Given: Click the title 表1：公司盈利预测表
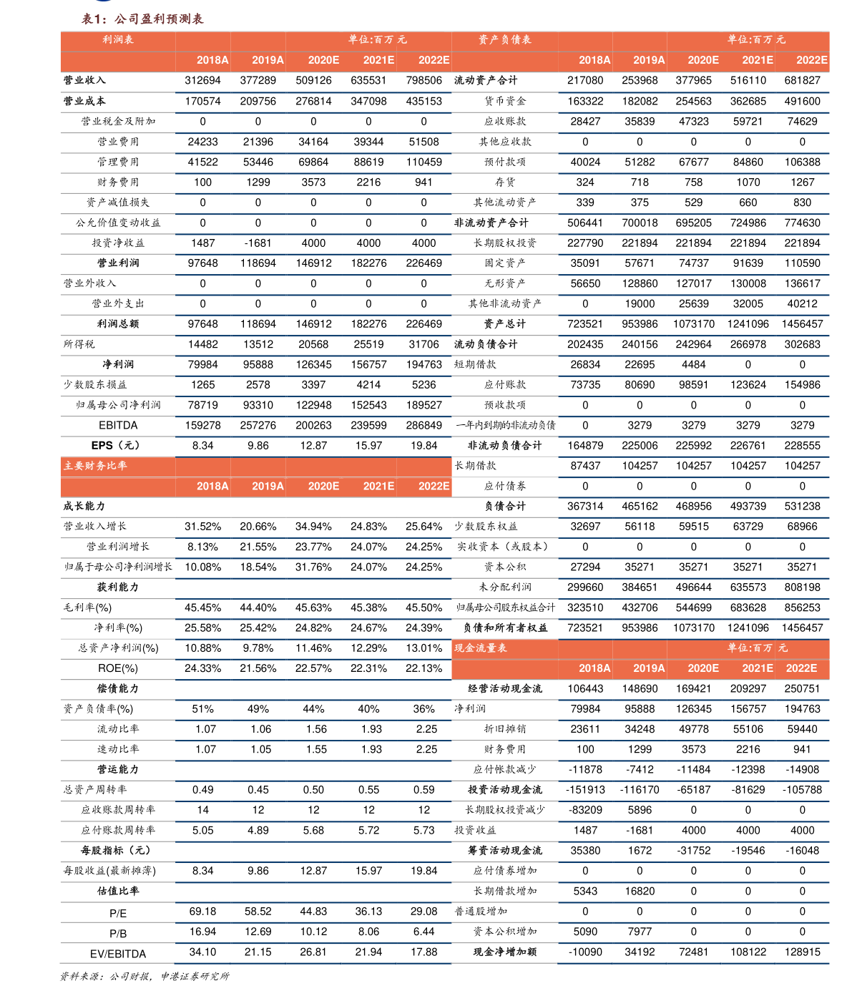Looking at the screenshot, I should [x=142, y=19].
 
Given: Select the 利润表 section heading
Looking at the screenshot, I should [x=118, y=39].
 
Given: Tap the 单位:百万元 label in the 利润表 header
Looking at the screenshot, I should [x=377, y=39].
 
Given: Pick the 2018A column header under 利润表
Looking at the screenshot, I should [x=212, y=60].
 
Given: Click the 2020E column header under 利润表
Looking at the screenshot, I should [x=323, y=60].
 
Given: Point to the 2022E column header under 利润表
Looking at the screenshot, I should [x=434, y=60].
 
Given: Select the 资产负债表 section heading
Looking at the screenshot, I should [x=504, y=39].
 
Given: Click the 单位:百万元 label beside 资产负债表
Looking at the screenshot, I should [x=756, y=39].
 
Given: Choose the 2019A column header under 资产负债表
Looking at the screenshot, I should [x=649, y=60].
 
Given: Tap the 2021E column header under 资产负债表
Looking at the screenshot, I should [x=758, y=60].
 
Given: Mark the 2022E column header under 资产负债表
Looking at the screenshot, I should [x=812, y=60].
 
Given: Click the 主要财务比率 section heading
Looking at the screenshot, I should [x=95, y=466].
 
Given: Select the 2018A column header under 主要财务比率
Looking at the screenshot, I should [x=212, y=487].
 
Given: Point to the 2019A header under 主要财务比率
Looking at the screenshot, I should [x=268, y=487].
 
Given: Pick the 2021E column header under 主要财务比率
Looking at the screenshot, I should [x=378, y=487].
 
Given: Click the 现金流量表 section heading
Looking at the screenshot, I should [x=481, y=648].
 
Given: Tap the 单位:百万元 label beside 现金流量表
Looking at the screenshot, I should [x=757, y=648].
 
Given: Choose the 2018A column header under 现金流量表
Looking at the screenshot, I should [x=594, y=668].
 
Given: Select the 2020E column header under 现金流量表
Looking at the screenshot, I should [x=703, y=668].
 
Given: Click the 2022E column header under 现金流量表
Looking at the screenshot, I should [x=801, y=668].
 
